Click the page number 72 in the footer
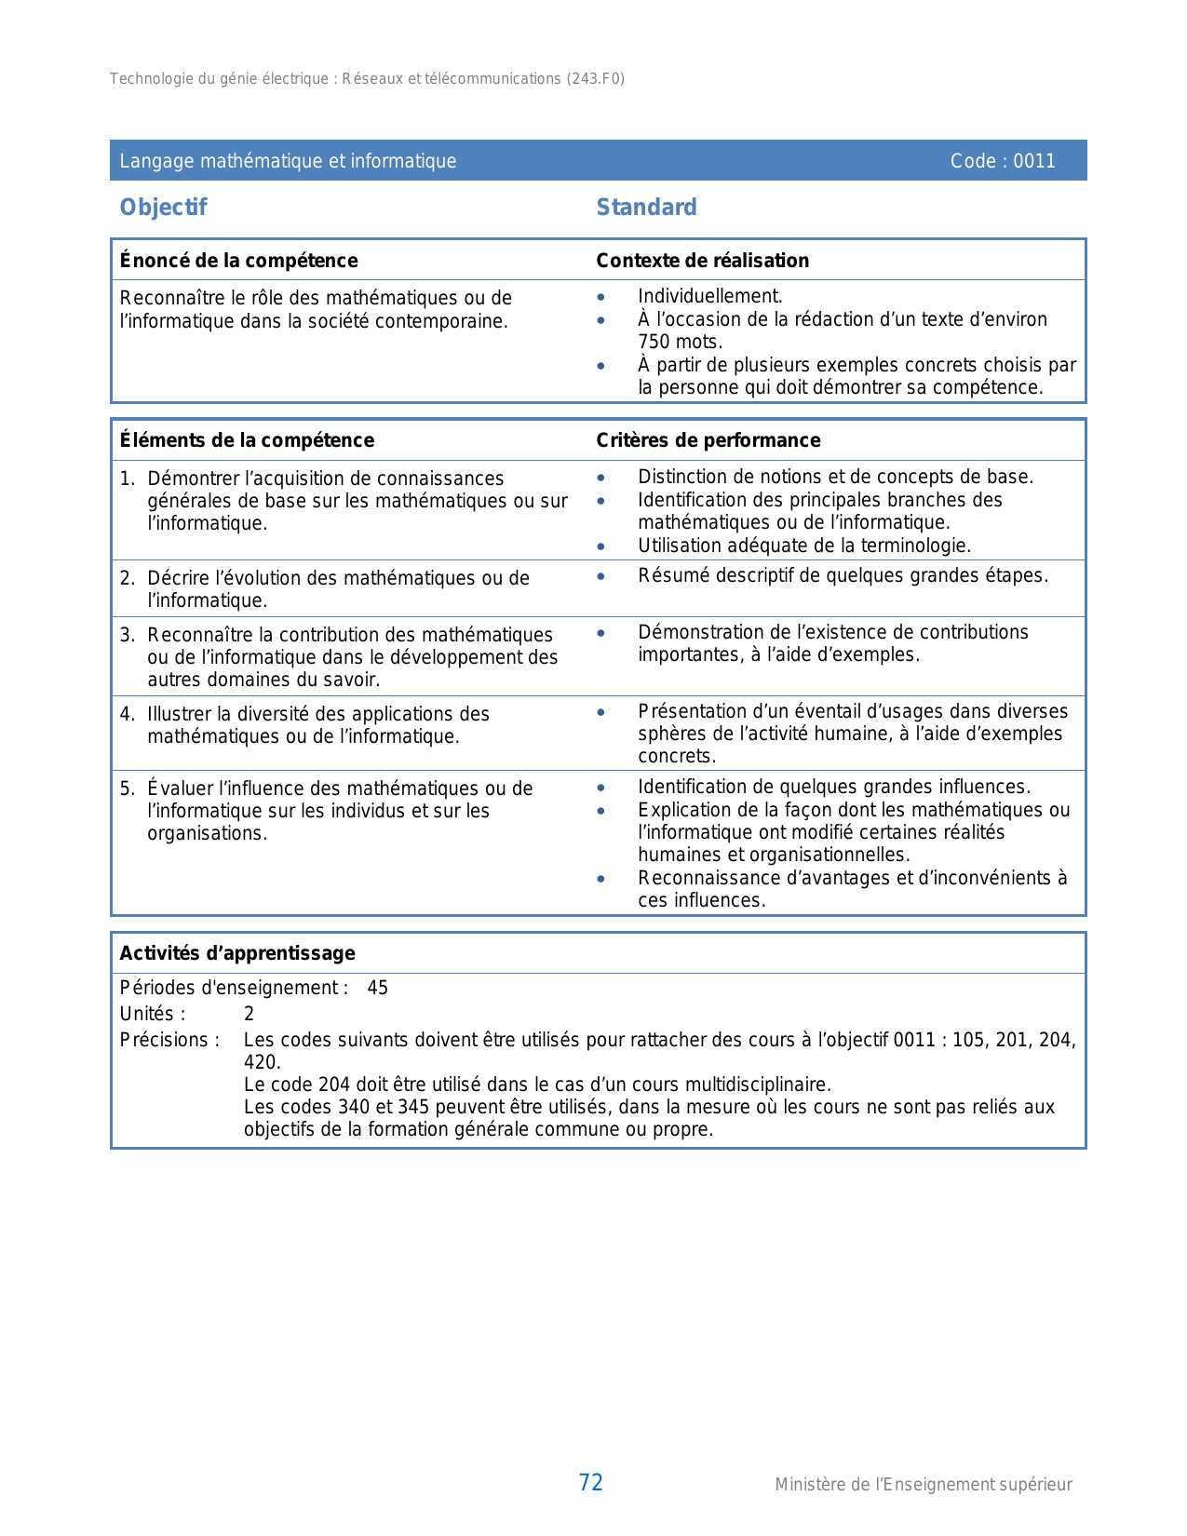click(591, 1483)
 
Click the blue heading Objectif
click(163, 208)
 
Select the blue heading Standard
click(646, 208)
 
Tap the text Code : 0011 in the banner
click(1003, 161)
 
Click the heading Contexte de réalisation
click(703, 261)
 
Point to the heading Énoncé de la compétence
click(239, 261)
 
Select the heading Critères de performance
click(708, 440)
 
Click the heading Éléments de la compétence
click(247, 440)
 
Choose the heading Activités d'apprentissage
click(237, 953)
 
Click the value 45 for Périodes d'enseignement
click(377, 988)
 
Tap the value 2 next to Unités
click(249, 1014)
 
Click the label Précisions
click(169, 1040)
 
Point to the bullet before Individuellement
click(601, 297)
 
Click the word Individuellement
click(709, 296)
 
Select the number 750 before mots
click(654, 342)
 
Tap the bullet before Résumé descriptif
click(601, 576)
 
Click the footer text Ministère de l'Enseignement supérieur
click(924, 1485)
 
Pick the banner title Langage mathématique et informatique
click(288, 161)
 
